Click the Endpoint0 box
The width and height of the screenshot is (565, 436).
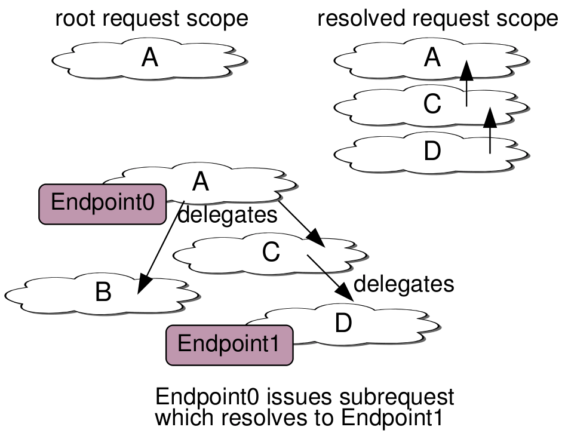(102, 204)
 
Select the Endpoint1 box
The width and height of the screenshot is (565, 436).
(229, 345)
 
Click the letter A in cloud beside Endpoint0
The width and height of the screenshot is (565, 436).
(201, 182)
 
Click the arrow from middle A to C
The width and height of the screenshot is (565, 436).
(302, 224)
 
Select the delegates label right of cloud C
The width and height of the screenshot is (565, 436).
(404, 283)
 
